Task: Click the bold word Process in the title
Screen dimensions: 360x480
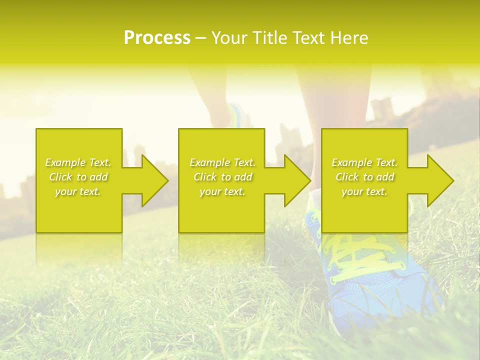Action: pos(157,38)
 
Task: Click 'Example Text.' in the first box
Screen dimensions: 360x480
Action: pos(78,162)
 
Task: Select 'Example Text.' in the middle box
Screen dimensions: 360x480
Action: pos(222,162)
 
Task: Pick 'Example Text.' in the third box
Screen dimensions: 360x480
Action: pos(364,162)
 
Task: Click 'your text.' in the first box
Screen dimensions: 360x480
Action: pos(78,191)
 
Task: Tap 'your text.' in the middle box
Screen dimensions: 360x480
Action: pos(222,191)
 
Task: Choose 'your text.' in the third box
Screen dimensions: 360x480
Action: pos(364,191)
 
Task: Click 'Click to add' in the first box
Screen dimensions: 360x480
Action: pos(78,177)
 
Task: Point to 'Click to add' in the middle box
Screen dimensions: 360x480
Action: pos(222,177)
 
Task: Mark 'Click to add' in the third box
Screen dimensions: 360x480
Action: pos(364,177)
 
